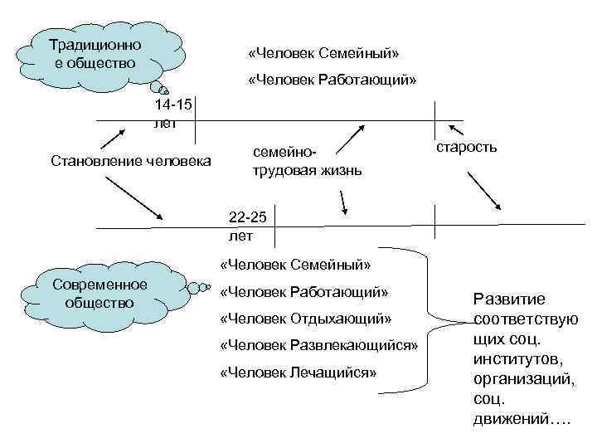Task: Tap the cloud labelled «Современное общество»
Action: tap(99, 294)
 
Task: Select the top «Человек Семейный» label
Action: tap(323, 54)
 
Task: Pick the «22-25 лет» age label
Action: tap(246, 226)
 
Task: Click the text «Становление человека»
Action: tap(131, 159)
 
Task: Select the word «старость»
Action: tap(465, 147)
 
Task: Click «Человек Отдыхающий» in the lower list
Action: tap(304, 319)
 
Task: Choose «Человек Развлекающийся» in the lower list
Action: tap(319, 345)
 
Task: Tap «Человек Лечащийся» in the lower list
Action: tap(298, 372)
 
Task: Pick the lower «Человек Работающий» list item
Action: tap(304, 292)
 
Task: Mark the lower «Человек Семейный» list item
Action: tap(295, 265)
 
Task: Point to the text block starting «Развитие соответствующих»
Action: tap(524, 358)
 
